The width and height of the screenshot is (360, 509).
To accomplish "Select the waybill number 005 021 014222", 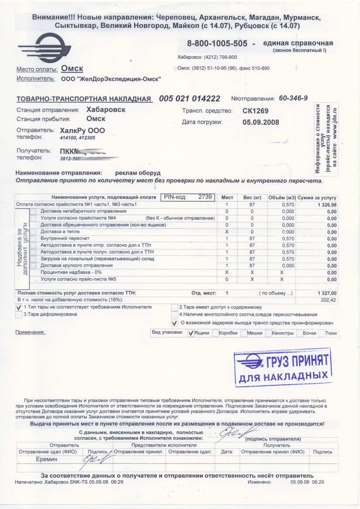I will tap(190, 98).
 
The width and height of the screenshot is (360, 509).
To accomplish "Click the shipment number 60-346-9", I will tap(293, 98).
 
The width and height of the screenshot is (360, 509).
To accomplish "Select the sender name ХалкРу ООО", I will tap(82, 131).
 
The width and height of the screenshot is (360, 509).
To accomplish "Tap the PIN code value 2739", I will tap(205, 197).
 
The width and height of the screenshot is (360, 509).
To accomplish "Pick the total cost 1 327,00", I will tap(325, 293).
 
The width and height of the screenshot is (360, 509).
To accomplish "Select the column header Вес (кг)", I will tap(251, 198).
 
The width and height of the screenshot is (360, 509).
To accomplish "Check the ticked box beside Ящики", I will tap(190, 334).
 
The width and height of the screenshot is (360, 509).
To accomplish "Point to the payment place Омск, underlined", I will tap(72, 69).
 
